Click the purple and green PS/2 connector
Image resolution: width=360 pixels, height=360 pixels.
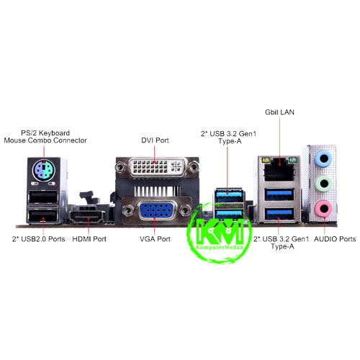[43, 171]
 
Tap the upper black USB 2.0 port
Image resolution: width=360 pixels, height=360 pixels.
[43, 197]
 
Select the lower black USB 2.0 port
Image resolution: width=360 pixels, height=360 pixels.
[43, 216]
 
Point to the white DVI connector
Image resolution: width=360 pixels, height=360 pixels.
[157, 167]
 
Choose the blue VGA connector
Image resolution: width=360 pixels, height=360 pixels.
[156, 210]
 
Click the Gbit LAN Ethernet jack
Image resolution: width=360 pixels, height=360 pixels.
[279, 171]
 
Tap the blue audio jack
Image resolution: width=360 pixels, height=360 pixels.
[323, 158]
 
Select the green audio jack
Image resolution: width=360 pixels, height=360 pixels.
[324, 184]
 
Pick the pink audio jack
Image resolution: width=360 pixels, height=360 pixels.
[324, 209]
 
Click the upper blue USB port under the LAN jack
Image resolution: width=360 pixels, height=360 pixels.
[279, 194]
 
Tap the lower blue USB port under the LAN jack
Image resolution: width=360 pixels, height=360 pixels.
[279, 214]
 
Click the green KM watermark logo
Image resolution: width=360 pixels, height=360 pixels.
[220, 233]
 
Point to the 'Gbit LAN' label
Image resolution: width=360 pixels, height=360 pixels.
[279, 112]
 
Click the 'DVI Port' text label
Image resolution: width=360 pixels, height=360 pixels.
[155, 140]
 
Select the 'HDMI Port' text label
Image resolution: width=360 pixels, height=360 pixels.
[89, 239]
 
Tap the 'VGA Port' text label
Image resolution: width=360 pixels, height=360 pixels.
[155, 239]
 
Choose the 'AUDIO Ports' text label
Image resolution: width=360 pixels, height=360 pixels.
[335, 239]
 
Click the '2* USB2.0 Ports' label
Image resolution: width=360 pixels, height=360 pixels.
[39, 239]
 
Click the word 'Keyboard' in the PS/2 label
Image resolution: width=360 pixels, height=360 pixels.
[54, 133]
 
